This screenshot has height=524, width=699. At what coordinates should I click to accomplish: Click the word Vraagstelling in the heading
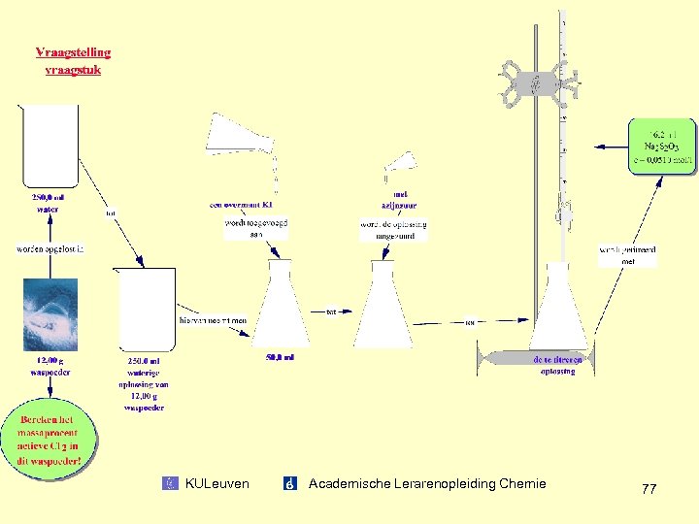point(73,52)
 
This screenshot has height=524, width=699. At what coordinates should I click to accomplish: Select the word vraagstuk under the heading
point(73,69)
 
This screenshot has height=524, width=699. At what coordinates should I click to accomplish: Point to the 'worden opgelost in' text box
point(50,249)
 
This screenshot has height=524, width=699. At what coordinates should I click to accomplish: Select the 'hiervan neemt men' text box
point(214,319)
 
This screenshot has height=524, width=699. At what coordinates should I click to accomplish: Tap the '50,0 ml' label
point(280,357)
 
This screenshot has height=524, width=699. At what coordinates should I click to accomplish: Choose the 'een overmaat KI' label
point(241,205)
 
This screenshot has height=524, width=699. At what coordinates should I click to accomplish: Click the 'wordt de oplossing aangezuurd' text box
point(393,230)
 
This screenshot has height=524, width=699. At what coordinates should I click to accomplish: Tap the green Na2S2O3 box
point(660,147)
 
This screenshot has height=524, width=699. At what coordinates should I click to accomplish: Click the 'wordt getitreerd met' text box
point(627,255)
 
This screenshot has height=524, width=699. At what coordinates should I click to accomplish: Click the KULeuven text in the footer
point(216,483)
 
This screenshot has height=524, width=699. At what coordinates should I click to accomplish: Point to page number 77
point(649,489)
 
